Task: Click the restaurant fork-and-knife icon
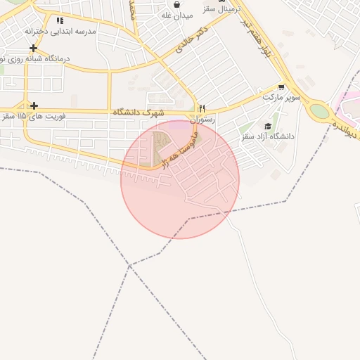click(202, 108)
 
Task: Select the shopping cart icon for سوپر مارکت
click(281, 87)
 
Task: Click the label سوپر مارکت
click(282, 97)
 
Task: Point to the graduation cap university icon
click(268, 126)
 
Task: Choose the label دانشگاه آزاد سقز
click(268, 136)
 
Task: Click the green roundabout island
click(319, 110)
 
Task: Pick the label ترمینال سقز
click(238, 8)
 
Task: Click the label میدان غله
click(176, 15)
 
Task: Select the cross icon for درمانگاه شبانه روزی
click(33, 48)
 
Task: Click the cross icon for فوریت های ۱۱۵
click(33, 105)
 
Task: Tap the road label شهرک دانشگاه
click(138, 112)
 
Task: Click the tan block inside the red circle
click(160, 148)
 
